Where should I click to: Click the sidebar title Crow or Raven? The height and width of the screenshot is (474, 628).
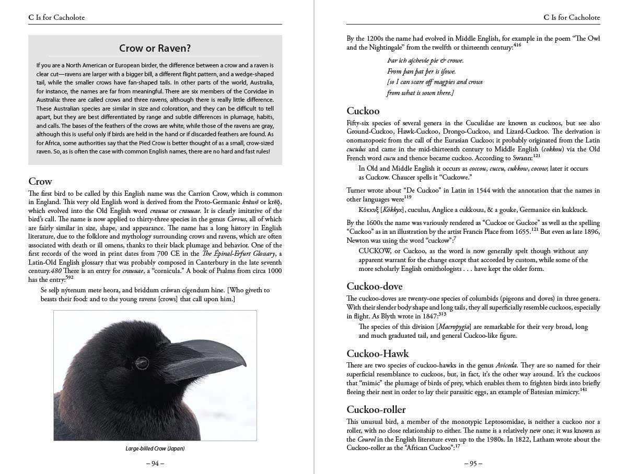click(155, 49)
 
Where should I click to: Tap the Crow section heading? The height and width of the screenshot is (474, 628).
click(40, 182)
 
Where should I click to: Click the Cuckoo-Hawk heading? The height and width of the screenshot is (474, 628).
click(378, 353)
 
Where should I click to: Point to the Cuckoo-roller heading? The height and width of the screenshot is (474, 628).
click(376, 409)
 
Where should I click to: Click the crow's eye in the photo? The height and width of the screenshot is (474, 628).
click(142, 362)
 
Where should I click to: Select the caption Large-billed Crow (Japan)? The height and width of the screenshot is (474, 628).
click(155, 448)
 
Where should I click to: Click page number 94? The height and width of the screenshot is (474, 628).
click(155, 463)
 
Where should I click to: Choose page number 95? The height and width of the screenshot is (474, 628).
click(473, 463)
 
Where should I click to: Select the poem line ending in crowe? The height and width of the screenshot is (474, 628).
click(425, 61)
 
